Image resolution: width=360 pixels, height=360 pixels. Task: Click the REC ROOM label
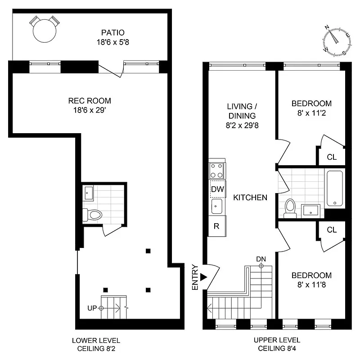pos(90,101)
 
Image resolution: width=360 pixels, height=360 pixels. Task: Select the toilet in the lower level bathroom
pos(93,215)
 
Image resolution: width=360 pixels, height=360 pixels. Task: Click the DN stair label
pos(261,259)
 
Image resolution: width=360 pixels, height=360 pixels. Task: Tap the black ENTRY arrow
pos(204,277)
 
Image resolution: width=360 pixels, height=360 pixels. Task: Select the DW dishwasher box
pos(217,189)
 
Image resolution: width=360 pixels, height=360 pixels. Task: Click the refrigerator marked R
pos(216,226)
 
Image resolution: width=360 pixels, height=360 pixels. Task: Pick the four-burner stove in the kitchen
pos(217,171)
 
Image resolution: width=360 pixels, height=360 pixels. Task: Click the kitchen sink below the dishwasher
pos(217,207)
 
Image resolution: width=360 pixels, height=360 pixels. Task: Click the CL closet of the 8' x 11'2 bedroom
pos(332,157)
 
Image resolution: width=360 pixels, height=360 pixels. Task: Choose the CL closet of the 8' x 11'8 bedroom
pos(332,229)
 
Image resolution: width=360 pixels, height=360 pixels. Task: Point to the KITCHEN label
pos(250,198)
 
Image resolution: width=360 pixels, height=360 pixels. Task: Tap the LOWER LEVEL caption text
pos(96,340)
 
